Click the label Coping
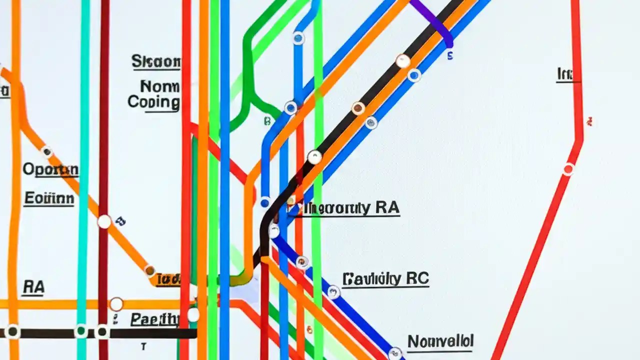(153, 102)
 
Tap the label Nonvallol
(440, 341)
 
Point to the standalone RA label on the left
(33, 287)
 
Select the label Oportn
(50, 169)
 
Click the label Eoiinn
(49, 198)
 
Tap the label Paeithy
(154, 319)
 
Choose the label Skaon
(155, 61)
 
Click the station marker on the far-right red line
(568, 169)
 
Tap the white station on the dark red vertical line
(104, 221)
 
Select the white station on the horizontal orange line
(116, 304)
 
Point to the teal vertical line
(83, 150)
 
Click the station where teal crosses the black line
(80, 331)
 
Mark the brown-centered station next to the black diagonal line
(358, 108)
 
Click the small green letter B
(267, 120)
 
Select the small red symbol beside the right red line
(590, 121)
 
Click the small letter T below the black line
(143, 346)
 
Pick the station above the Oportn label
(46, 151)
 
